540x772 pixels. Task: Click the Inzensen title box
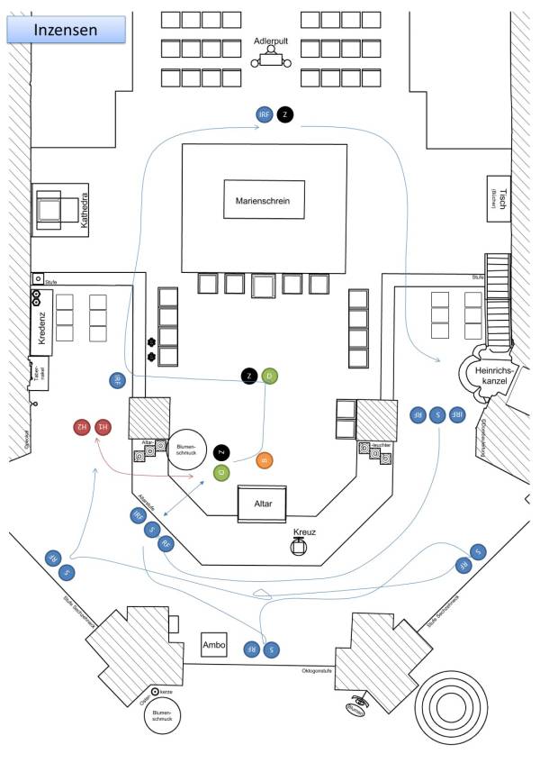tap(66, 30)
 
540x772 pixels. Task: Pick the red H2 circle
tap(80, 425)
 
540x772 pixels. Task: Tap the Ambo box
tap(215, 646)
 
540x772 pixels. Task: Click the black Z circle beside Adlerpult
tap(285, 114)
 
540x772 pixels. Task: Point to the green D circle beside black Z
tap(271, 376)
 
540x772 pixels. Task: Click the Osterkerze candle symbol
tap(156, 691)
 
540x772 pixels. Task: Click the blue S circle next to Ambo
tap(272, 648)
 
